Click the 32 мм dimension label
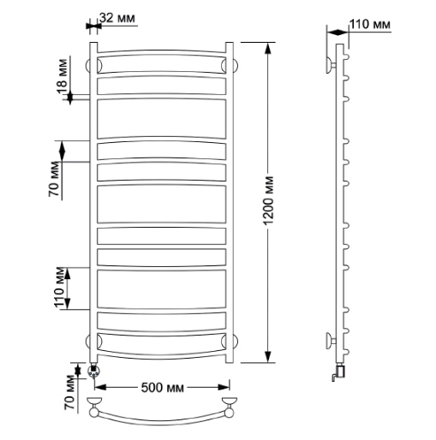coord(117,18)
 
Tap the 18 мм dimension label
coord(63,76)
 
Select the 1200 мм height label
coord(268,200)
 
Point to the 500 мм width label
coord(163,388)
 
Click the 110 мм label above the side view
coord(370,24)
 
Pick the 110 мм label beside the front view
coord(60,288)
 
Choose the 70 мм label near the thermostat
coord(70,393)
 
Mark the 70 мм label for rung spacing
coord(54,179)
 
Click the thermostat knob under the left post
coord(93,371)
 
